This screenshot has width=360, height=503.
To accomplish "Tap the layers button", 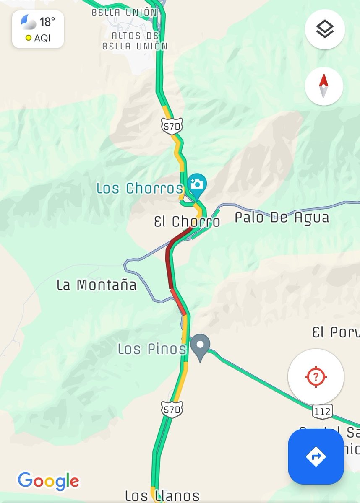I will tap(325, 29).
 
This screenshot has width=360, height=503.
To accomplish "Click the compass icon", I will tap(323, 86).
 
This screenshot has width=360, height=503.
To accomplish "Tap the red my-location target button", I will tap(316, 376).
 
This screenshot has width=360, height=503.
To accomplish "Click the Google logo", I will tap(48, 480).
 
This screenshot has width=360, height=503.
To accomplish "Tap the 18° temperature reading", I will tap(47, 21).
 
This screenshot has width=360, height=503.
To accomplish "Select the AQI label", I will tap(42, 38).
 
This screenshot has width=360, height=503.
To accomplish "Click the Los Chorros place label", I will tap(140, 189).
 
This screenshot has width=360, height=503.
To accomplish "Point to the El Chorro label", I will tap(187, 222).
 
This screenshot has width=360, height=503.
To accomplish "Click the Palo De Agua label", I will tap(282, 218).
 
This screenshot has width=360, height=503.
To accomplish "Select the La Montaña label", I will tap(97, 285).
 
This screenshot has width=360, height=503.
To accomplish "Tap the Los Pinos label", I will tap(152, 348).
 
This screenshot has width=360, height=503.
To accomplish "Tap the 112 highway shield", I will tap(322, 411).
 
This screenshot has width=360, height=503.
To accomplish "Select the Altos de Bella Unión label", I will tap(135, 41).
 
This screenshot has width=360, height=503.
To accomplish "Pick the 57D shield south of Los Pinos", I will tap(172, 410).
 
